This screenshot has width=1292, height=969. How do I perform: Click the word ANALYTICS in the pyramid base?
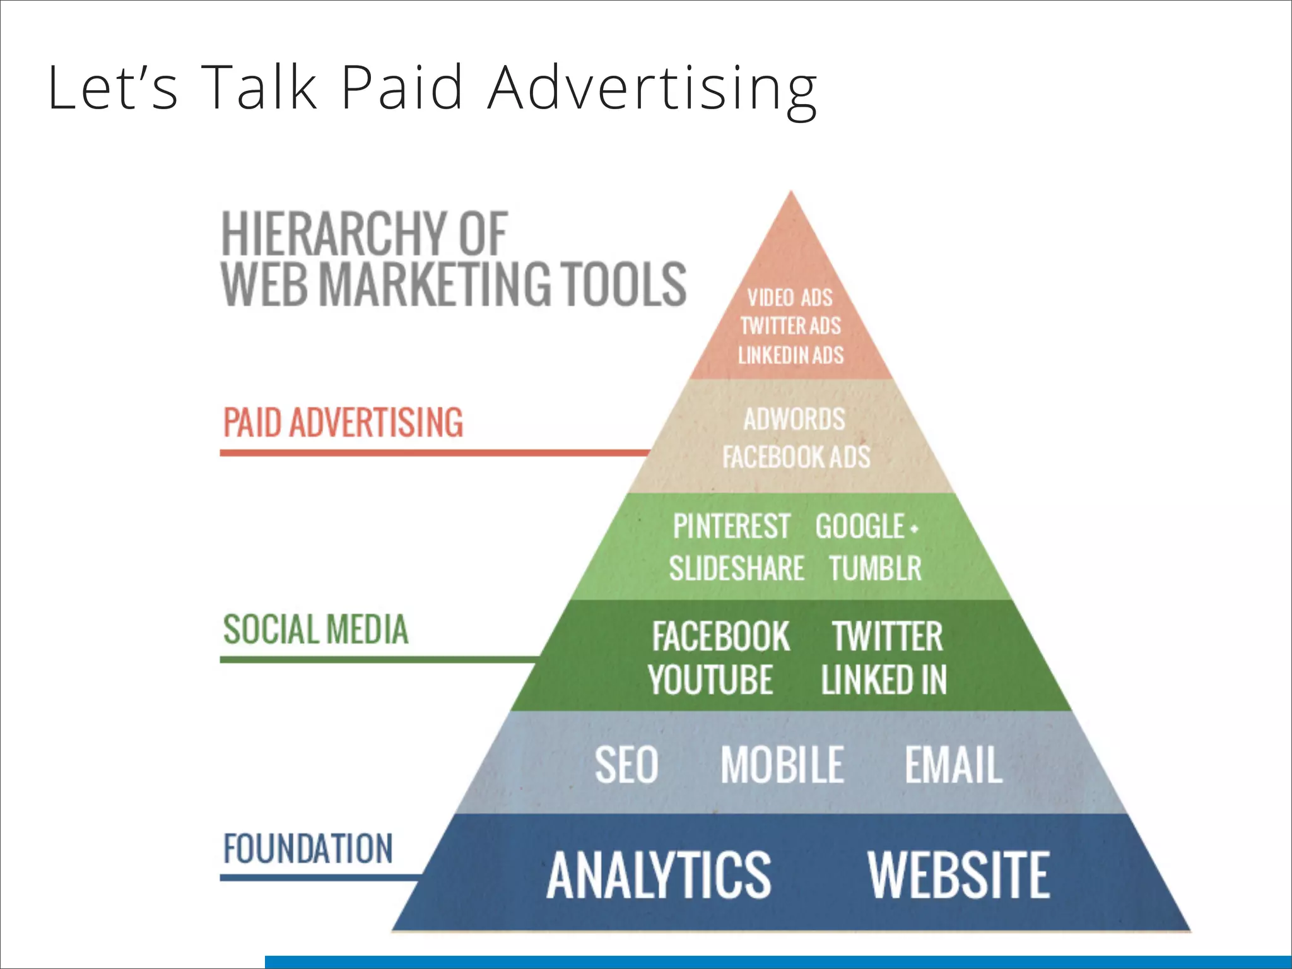pyautogui.click(x=659, y=875)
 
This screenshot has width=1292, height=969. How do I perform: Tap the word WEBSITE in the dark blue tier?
pyautogui.click(x=958, y=875)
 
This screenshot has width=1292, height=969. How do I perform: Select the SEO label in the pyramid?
pyautogui.click(x=626, y=765)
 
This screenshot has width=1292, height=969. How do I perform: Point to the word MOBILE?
pyautogui.click(x=782, y=765)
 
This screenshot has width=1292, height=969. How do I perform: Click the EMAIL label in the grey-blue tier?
pyautogui.click(x=953, y=765)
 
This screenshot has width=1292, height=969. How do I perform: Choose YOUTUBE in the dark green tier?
pyautogui.click(x=710, y=680)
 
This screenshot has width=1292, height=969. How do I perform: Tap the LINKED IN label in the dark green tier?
pyautogui.click(x=884, y=680)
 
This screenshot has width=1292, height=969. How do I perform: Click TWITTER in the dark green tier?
pyautogui.click(x=887, y=637)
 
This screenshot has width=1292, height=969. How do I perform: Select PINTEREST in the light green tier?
pyautogui.click(x=731, y=527)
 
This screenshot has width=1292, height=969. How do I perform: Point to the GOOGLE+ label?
pyautogui.click(x=866, y=527)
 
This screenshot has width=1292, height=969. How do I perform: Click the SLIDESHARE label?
pyautogui.click(x=736, y=568)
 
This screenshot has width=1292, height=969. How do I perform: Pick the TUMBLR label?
pyautogui.click(x=875, y=568)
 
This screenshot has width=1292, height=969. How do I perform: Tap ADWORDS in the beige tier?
pyautogui.click(x=794, y=420)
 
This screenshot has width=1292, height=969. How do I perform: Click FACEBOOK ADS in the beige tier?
pyautogui.click(x=796, y=457)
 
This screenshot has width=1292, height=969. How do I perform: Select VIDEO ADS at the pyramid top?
pyautogui.click(x=790, y=298)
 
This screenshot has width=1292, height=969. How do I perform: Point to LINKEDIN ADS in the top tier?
pyautogui.click(x=790, y=355)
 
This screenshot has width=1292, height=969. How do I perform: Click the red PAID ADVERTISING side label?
pyautogui.click(x=343, y=423)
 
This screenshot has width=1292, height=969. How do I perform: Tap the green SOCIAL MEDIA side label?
pyautogui.click(x=315, y=630)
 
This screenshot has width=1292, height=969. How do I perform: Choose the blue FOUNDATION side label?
pyautogui.click(x=308, y=849)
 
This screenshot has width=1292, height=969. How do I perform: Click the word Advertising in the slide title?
pyautogui.click(x=652, y=88)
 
